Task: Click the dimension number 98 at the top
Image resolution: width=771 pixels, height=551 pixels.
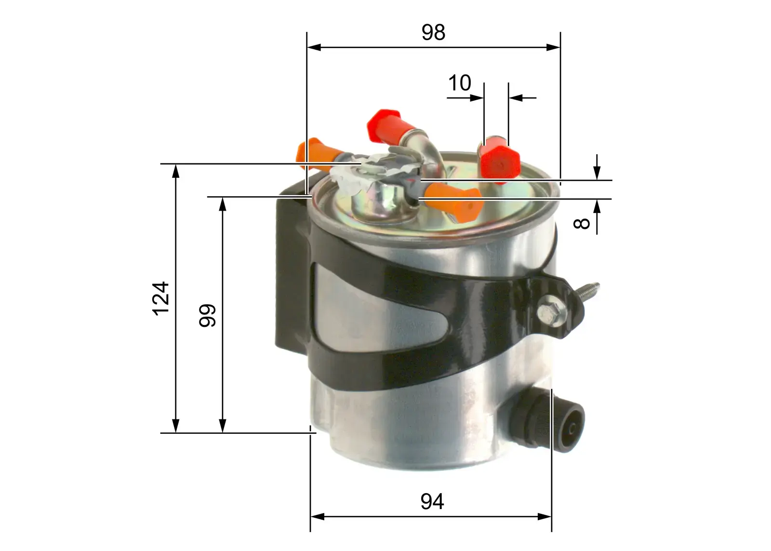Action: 433,33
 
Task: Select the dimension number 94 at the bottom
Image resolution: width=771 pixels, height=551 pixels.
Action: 432,502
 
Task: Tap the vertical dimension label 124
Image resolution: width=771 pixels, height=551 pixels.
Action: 161,298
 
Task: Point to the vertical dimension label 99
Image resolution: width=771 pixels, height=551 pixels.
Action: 208,316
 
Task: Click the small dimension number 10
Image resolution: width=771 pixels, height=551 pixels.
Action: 459,83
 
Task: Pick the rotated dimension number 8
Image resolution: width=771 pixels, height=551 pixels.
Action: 582,223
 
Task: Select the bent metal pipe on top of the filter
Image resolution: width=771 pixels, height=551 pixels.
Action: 426,149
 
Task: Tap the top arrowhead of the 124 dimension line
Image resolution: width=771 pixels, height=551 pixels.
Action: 176,170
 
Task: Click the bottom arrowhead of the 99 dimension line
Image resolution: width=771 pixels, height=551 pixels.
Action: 222,426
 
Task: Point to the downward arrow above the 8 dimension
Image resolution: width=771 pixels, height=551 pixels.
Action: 597,173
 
